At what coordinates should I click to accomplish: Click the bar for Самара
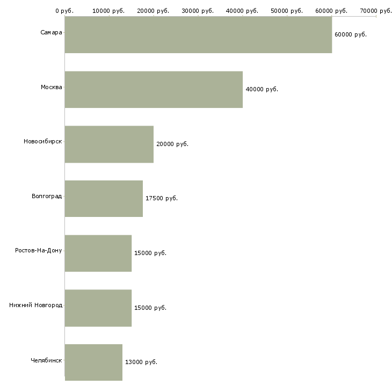pos(198,35)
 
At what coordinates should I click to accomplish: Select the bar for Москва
pos(154,90)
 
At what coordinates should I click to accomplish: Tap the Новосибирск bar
pos(109,144)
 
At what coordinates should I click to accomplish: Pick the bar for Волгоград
pos(104,199)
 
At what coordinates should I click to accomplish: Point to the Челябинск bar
pos(93,362)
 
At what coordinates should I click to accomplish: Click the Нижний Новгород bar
pos(98,308)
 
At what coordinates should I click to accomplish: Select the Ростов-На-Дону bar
pos(98,253)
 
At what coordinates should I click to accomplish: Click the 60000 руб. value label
pos(350,34)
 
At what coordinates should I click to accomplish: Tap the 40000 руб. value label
pos(262,89)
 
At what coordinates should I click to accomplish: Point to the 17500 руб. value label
pos(161,198)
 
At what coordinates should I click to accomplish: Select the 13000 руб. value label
pos(141,362)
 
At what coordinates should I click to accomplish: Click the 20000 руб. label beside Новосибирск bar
pos(172,144)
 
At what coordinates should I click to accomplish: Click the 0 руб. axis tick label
pos(64,11)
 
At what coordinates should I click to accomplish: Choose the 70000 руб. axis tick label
pos(375,11)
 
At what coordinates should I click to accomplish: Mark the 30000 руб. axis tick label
pos(198,11)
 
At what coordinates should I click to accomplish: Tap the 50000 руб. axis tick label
pos(287,11)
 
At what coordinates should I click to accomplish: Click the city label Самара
pos(51,33)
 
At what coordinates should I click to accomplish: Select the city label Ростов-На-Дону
pos(39,251)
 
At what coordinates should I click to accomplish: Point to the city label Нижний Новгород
pos(35,306)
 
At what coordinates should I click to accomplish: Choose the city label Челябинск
pos(46,360)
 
